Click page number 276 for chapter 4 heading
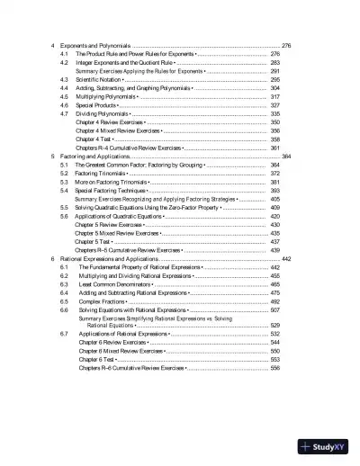(286, 45)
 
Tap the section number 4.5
(64, 97)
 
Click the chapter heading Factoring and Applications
(94, 157)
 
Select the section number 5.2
(64, 175)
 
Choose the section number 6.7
(64, 334)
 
